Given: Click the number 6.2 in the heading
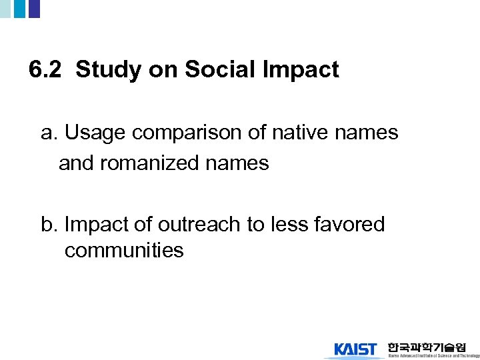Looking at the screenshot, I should [x=47, y=70].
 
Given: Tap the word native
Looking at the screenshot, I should [x=293, y=133].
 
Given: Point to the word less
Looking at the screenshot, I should [x=291, y=225].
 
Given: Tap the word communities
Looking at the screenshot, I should [x=124, y=251].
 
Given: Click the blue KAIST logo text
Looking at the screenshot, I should [x=355, y=349].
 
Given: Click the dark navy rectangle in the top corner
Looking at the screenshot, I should [x=34, y=9].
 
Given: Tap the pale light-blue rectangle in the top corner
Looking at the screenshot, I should [x=5, y=9].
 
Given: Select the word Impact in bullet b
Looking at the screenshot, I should [x=97, y=226].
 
